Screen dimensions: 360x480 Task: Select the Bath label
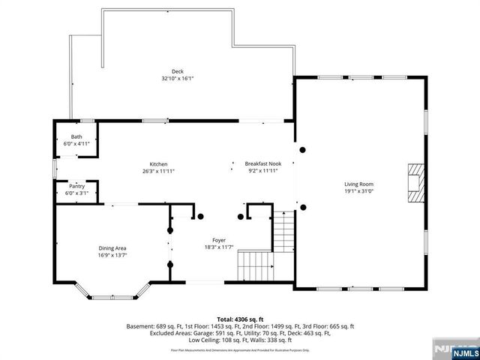click(76, 136)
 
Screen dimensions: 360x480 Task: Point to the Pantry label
click(76, 186)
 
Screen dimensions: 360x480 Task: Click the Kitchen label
click(158, 164)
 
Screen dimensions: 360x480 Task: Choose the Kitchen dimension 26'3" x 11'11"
click(158, 171)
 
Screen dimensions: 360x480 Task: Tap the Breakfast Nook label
click(262, 164)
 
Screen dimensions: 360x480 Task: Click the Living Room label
click(358, 184)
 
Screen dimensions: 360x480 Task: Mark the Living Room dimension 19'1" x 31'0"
click(358, 190)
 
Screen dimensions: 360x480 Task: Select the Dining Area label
click(112, 248)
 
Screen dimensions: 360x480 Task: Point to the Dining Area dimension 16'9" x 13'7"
click(112, 255)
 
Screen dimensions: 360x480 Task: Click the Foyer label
click(219, 240)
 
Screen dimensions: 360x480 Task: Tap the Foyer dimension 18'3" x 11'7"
click(219, 247)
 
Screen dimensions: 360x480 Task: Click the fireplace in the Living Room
click(415, 183)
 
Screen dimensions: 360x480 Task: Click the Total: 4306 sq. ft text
click(240, 319)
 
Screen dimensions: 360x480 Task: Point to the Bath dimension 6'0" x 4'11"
click(76, 143)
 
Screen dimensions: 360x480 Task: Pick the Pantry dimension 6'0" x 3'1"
click(76, 193)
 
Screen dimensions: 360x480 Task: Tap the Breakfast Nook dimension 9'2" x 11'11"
click(262, 171)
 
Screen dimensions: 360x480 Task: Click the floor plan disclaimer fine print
click(240, 350)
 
